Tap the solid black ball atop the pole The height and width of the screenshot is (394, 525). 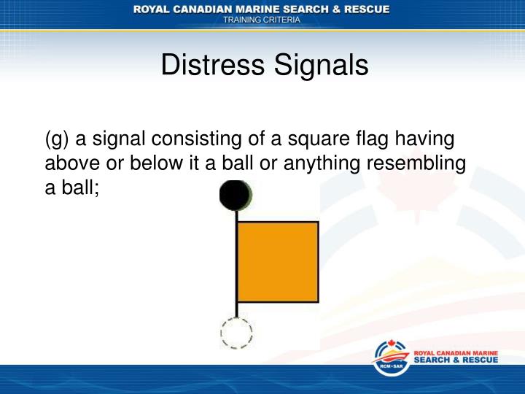(x=236, y=195)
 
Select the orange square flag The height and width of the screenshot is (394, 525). (x=278, y=262)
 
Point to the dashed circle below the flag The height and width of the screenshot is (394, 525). (x=236, y=333)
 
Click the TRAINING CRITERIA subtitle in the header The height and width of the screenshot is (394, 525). (x=261, y=20)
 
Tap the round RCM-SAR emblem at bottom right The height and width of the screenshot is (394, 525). (x=391, y=358)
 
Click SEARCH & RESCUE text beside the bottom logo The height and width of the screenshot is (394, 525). (x=456, y=360)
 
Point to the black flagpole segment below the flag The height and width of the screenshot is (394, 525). (x=236, y=310)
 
